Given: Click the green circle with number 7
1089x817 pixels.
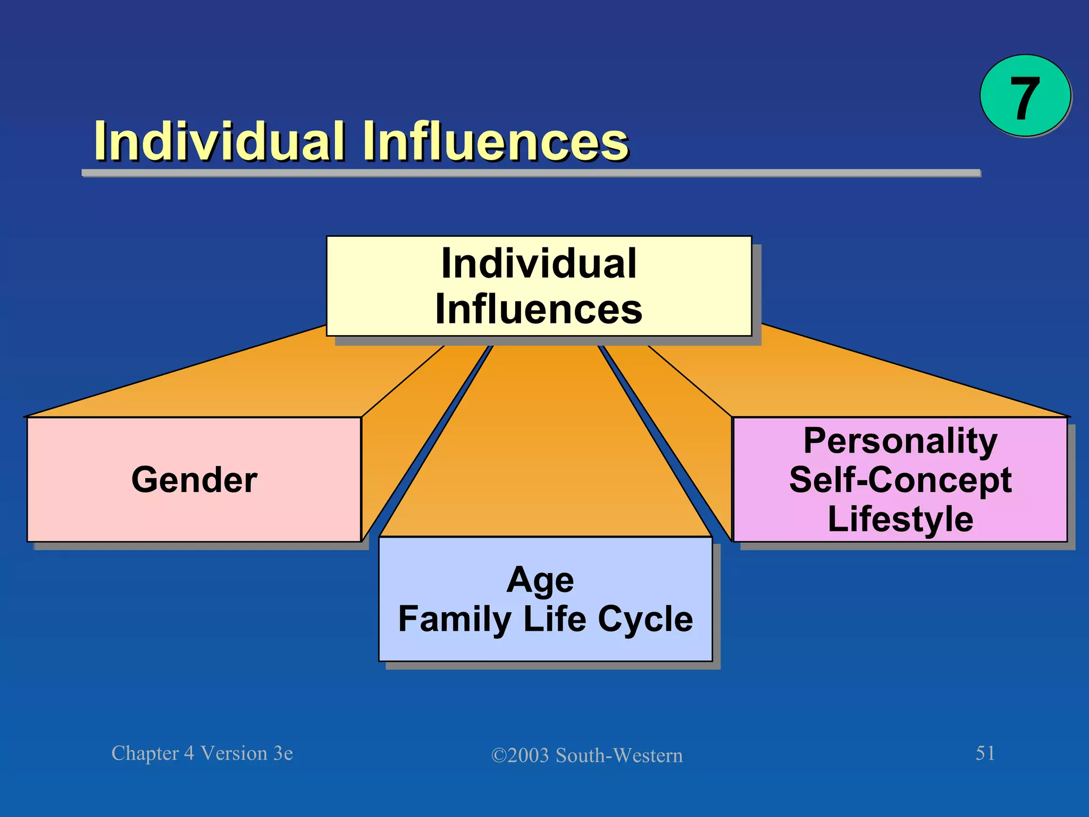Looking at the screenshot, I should tap(1025, 96).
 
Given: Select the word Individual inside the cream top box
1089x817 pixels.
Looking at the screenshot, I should tap(539, 263).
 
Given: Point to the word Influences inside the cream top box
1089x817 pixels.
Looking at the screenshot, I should tap(539, 310).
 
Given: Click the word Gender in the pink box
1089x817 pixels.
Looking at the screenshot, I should tap(195, 480).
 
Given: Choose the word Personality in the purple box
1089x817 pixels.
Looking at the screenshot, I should tap(900, 441).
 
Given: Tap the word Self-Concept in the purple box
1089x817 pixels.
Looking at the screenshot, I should tap(900, 480).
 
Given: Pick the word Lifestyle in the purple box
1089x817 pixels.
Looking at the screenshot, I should tap(900, 519).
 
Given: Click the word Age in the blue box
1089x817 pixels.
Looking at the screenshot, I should tap(540, 580).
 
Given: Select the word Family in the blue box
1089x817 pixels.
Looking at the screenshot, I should tap(455, 619).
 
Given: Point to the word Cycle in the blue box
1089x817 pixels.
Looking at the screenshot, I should tap(646, 619).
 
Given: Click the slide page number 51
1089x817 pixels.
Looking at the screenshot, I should tap(985, 753).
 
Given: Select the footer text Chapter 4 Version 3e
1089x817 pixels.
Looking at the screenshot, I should tap(202, 753).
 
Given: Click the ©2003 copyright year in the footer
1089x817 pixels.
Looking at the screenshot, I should tap(520, 755).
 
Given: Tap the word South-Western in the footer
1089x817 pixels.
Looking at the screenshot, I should tap(619, 755).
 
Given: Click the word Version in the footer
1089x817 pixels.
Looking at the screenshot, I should tap(234, 753).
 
